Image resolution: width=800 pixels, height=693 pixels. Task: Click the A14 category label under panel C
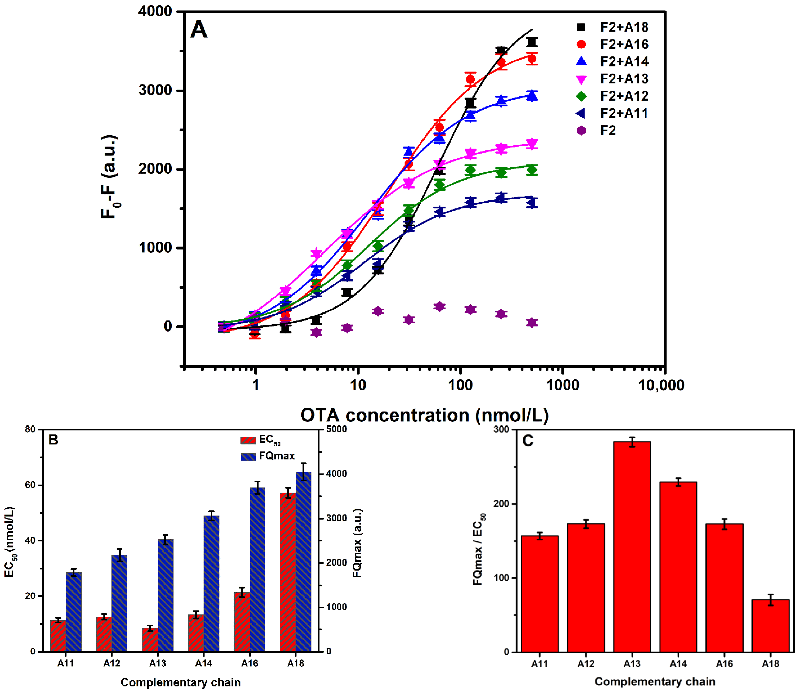pos(678,664)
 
